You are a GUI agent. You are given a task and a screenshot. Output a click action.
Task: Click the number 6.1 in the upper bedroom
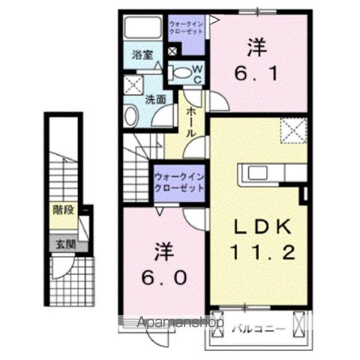pyautogui.click(x=256, y=73)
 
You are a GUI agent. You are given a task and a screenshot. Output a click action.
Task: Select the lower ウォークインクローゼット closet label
pyautogui.click(x=178, y=181)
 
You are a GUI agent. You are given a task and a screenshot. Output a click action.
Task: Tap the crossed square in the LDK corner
pyautogui.click(x=293, y=130)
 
